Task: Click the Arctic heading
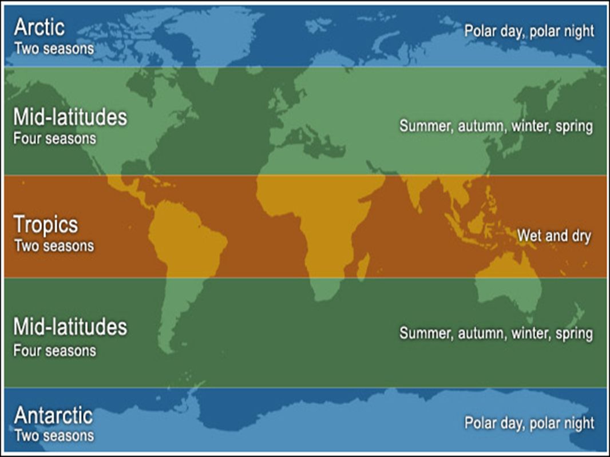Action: (x=39, y=27)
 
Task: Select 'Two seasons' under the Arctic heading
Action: (x=54, y=49)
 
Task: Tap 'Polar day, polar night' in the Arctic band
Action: (x=529, y=31)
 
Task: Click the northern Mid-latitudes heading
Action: (x=70, y=117)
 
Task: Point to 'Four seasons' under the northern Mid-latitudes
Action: (x=54, y=138)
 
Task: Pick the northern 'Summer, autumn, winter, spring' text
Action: (x=496, y=126)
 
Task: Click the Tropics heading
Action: (x=46, y=225)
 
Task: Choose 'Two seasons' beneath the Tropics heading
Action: (x=54, y=246)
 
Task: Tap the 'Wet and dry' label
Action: (x=554, y=236)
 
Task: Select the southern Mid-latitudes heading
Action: (x=70, y=327)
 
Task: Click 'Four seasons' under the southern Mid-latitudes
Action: (x=54, y=351)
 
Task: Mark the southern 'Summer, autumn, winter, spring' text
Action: (x=496, y=333)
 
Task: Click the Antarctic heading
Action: (x=53, y=415)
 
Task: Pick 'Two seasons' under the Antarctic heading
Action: (x=54, y=436)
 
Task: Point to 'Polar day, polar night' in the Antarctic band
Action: (x=529, y=423)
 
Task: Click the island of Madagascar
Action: (x=362, y=267)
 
